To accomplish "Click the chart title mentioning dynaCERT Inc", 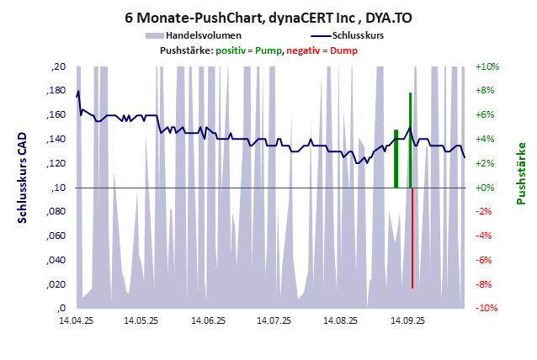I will [x=268, y=18].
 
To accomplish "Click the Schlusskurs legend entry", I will [x=348, y=36].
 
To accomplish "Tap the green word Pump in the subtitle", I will [x=268, y=50].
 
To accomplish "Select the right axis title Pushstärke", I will [x=521, y=173].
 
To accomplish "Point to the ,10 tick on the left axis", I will [x=58, y=188].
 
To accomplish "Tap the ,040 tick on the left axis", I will [x=56, y=261].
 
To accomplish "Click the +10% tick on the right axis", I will [x=488, y=66].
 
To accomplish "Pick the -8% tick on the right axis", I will [x=488, y=284].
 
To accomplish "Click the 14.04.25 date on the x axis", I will [x=76, y=320].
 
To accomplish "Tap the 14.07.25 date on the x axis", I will [x=274, y=320].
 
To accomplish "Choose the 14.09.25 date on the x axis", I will [x=407, y=320].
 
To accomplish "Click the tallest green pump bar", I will [x=410, y=143].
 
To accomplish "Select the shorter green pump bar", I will [x=396, y=160].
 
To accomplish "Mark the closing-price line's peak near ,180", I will [x=78, y=91].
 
